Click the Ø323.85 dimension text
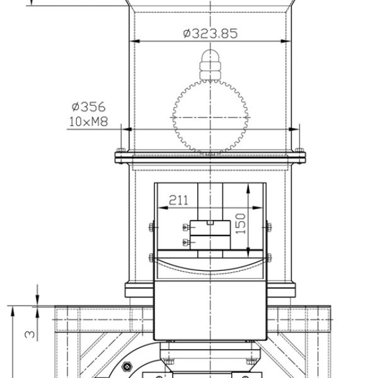(210, 33)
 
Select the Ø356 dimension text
(89, 107)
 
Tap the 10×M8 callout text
(88, 122)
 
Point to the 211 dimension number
(178, 200)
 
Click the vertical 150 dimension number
(241, 224)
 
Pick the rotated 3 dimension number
(30, 334)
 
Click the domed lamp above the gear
(210, 65)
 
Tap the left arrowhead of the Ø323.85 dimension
(135, 41)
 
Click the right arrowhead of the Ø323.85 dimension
(286, 41)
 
